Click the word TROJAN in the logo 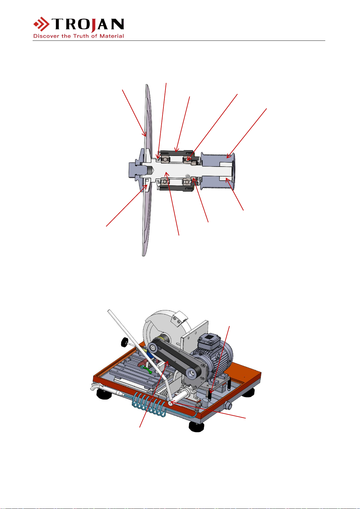88,24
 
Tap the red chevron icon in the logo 41,24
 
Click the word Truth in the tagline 81,36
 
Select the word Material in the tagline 112,36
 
